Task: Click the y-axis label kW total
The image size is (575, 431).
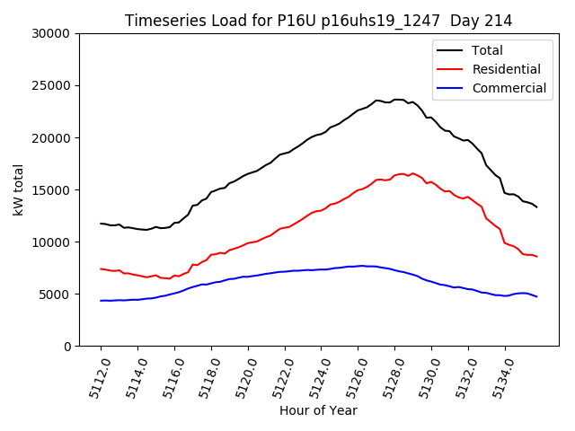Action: (19, 189)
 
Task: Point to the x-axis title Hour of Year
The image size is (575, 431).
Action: (318, 410)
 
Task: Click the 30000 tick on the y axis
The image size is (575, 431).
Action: (51, 33)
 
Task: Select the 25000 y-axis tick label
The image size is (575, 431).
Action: (51, 85)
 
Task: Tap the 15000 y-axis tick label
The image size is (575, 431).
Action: (51, 189)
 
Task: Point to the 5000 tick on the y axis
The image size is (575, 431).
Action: (55, 294)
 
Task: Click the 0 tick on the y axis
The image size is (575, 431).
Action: (66, 346)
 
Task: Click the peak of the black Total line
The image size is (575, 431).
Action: (396, 100)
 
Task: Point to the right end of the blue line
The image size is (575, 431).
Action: (537, 296)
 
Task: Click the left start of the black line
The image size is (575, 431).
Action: (101, 224)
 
